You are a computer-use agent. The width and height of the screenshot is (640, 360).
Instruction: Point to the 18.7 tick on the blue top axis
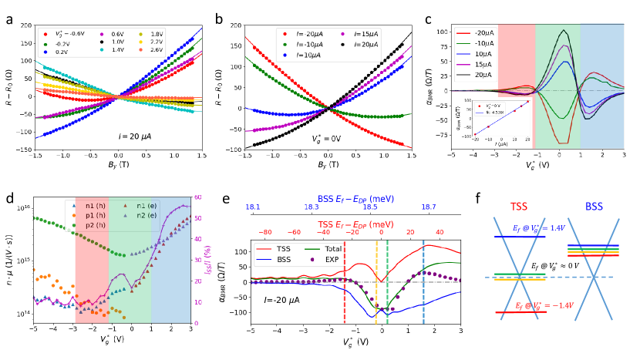point(428,208)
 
